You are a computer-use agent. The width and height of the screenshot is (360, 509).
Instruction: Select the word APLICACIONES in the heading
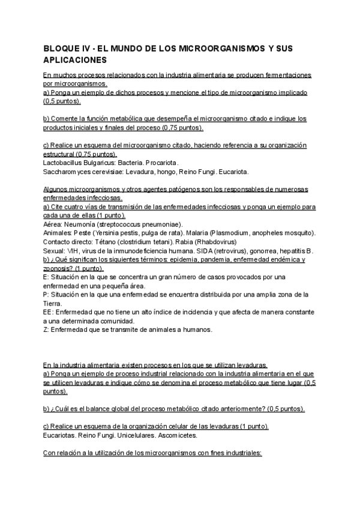(75, 60)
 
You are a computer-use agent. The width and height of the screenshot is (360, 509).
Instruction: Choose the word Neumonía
(81, 224)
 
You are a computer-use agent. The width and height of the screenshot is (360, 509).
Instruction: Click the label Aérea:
(54, 224)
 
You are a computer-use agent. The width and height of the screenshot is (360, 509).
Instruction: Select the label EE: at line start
(49, 312)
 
